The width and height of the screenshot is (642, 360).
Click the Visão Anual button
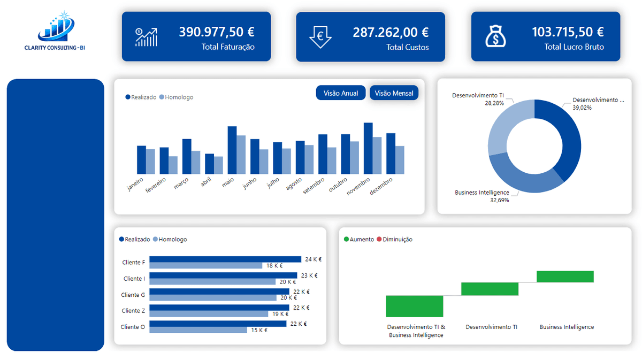pos(341,93)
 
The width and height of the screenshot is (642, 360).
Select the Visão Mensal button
pos(394,93)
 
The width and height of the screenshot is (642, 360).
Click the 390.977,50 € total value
pos(217,32)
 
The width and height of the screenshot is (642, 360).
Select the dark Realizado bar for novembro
pos(368,148)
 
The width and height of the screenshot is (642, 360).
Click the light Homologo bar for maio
pos(241,155)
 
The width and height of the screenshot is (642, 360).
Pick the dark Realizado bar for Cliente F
pos(225,259)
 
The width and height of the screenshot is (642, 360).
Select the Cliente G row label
pos(133,295)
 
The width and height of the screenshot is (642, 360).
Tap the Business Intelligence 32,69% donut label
pos(481,196)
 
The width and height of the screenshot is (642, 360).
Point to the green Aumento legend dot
pos(346,240)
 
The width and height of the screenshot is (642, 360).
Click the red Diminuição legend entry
pos(394,240)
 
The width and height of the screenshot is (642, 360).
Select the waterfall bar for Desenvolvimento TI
pos(490,289)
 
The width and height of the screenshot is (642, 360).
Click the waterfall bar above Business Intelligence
pos(565,277)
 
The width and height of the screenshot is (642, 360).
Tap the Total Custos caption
pos(407,47)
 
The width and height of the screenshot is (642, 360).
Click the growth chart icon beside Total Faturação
pos(146,37)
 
